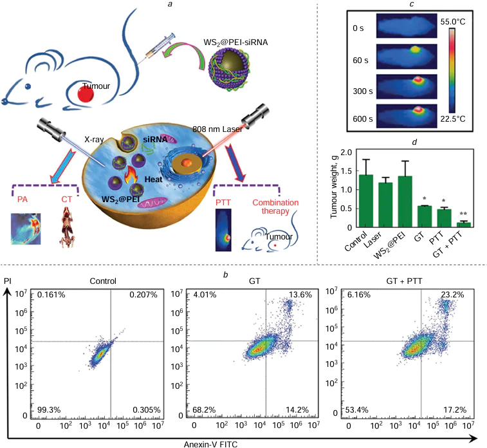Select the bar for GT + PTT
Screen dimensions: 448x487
[460, 224]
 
